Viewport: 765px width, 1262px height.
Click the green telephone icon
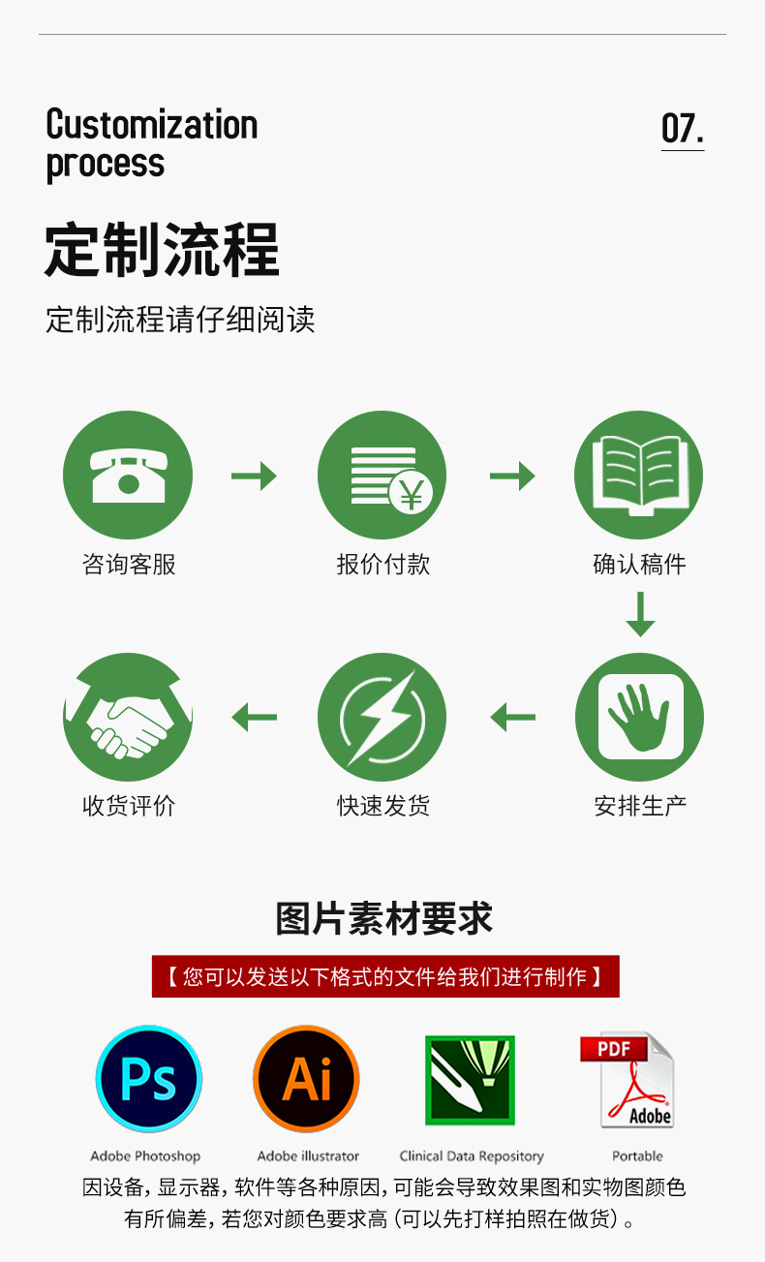(x=128, y=476)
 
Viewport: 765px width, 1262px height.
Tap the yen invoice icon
(x=382, y=476)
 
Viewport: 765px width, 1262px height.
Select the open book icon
(x=638, y=476)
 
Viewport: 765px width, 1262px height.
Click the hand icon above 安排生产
(x=638, y=717)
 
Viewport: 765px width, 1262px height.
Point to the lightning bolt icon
(x=382, y=717)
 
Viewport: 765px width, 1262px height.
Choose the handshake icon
(x=128, y=717)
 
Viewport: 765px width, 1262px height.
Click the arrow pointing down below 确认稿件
(x=640, y=614)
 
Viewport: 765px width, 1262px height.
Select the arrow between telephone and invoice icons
(x=254, y=476)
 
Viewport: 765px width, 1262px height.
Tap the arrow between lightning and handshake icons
(x=254, y=718)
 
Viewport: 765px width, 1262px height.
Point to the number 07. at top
(x=682, y=129)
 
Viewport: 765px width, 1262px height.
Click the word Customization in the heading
(x=152, y=125)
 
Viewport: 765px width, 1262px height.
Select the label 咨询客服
(x=129, y=565)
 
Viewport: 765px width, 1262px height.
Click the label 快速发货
(x=383, y=806)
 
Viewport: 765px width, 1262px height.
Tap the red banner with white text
(x=385, y=976)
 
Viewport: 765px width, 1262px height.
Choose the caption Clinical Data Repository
(x=472, y=1155)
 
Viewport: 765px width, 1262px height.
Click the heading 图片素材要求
(x=384, y=919)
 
